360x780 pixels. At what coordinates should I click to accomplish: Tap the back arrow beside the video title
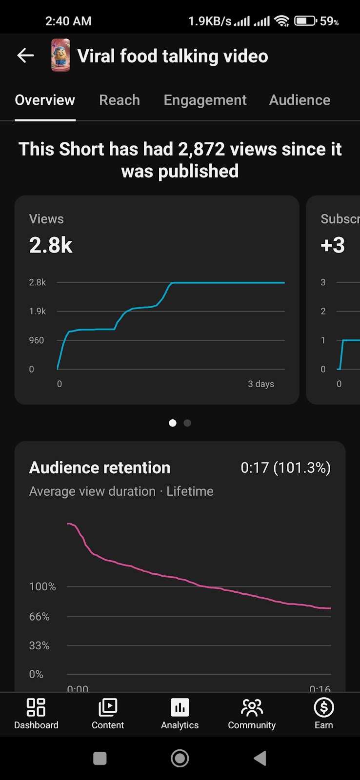(x=25, y=56)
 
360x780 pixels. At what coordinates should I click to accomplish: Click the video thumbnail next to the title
(x=60, y=56)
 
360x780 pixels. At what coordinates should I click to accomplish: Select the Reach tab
(x=120, y=100)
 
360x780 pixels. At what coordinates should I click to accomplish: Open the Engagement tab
(x=205, y=100)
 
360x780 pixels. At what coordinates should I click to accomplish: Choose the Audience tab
(x=300, y=100)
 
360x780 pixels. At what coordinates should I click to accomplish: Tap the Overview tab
(x=45, y=100)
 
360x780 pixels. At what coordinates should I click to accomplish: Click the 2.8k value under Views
(x=51, y=245)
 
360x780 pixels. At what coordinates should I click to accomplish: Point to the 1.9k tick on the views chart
(x=38, y=311)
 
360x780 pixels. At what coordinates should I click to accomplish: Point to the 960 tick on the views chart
(x=37, y=340)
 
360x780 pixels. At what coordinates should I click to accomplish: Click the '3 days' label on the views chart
(x=261, y=384)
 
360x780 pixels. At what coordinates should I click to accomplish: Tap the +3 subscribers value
(x=333, y=245)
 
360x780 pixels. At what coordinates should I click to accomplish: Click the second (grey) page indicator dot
(x=187, y=423)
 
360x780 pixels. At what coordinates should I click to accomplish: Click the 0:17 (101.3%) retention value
(x=285, y=468)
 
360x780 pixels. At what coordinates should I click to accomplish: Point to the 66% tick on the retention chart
(x=40, y=617)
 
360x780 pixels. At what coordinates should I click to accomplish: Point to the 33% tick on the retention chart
(x=40, y=645)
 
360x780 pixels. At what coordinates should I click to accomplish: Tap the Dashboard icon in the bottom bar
(x=36, y=707)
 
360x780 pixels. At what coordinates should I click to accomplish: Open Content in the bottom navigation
(x=108, y=707)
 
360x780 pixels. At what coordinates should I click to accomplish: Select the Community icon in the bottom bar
(x=252, y=707)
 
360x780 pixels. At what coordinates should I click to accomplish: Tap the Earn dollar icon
(x=324, y=707)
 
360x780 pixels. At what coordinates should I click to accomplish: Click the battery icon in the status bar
(x=305, y=21)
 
